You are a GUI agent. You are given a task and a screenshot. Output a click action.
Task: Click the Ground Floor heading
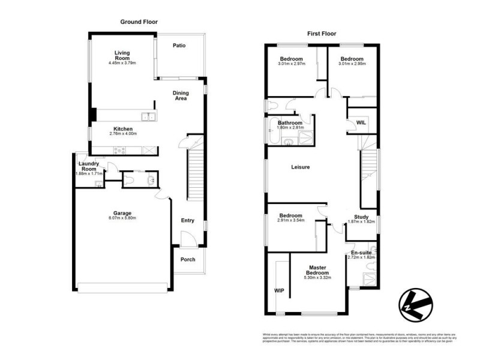pyautogui.click(x=139, y=22)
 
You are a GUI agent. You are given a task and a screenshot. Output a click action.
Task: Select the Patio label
pyautogui.click(x=179, y=45)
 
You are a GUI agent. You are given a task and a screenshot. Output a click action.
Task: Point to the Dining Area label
pyautogui.click(x=181, y=95)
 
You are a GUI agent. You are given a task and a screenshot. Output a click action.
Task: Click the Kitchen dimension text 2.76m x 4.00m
pyautogui.click(x=123, y=134)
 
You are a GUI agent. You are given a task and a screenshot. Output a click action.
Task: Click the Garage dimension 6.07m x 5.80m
pyautogui.click(x=122, y=218)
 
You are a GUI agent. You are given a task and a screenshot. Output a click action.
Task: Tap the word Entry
pyautogui.click(x=188, y=220)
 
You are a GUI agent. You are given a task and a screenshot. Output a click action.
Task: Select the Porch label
pyautogui.click(x=188, y=260)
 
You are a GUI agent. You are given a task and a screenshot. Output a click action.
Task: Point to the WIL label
pyautogui.click(x=361, y=122)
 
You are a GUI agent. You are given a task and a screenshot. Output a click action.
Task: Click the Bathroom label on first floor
pyautogui.click(x=290, y=122)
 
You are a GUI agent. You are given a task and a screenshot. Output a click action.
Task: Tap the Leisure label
pyautogui.click(x=300, y=167)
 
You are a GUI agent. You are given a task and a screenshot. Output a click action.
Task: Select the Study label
pyautogui.click(x=361, y=217)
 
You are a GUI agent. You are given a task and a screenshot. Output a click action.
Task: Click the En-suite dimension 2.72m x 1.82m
pyautogui.click(x=361, y=257)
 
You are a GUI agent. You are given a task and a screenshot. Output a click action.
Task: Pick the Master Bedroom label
pyautogui.click(x=317, y=271)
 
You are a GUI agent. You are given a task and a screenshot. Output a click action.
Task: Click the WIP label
pyautogui.click(x=279, y=290)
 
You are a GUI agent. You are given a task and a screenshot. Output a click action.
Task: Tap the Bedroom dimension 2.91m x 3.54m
pyautogui.click(x=290, y=220)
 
